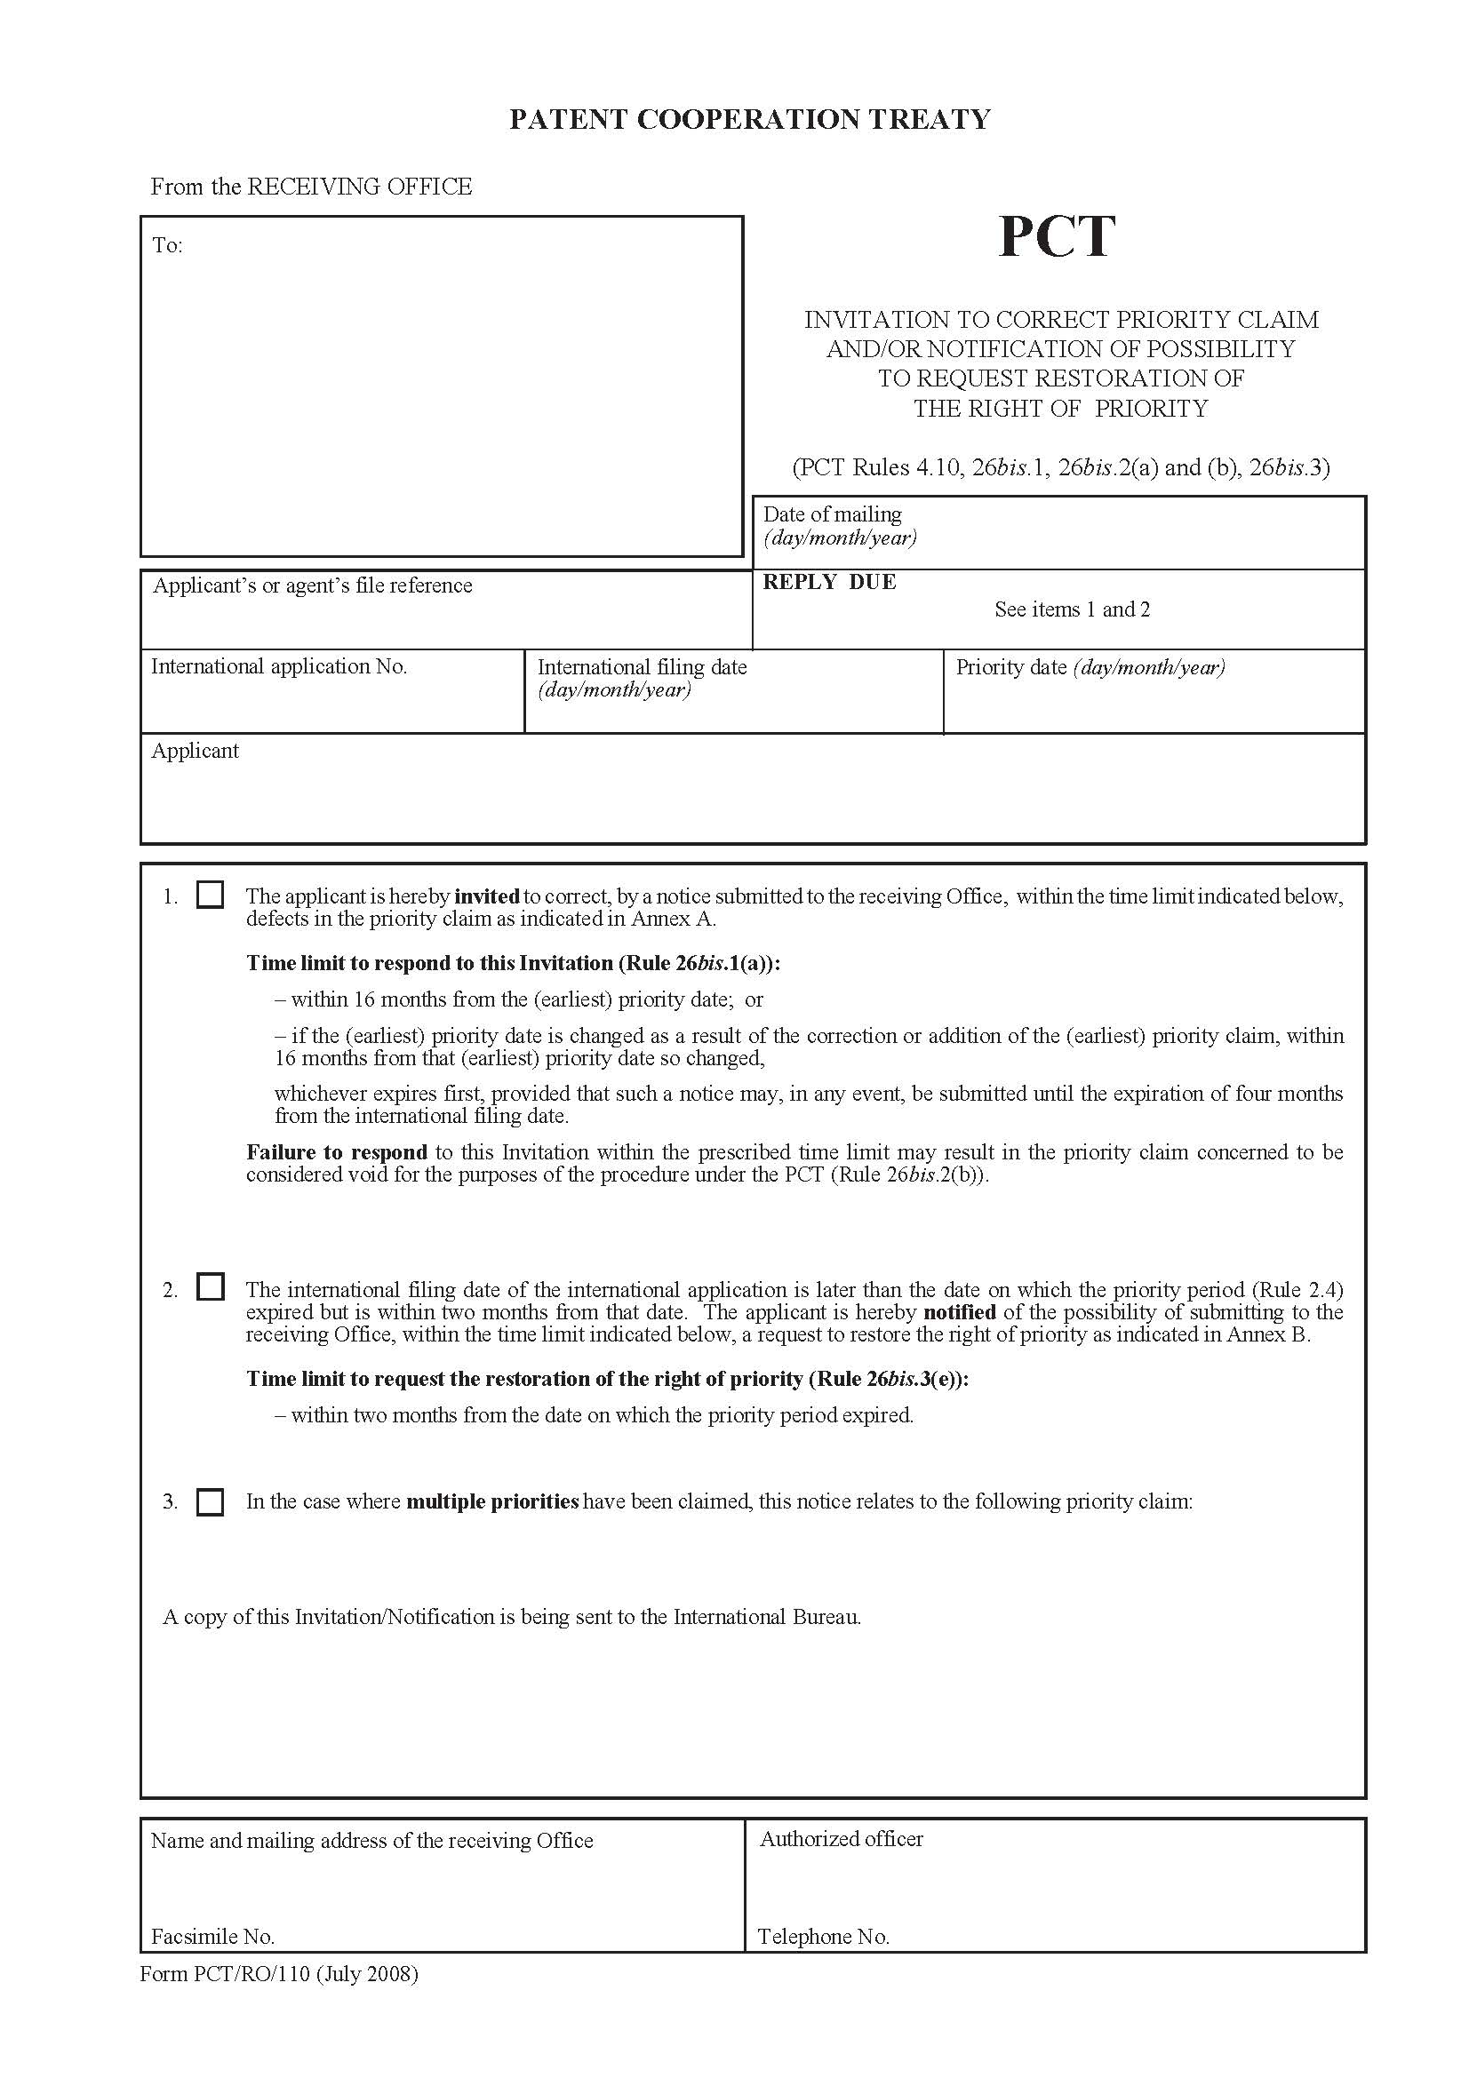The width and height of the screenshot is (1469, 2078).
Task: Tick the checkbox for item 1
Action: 210,896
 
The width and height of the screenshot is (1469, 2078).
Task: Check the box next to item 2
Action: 210,1287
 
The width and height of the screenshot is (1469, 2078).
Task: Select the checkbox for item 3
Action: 210,1501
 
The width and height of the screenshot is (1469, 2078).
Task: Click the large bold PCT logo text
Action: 1057,237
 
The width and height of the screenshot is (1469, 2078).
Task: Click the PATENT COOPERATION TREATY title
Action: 749,119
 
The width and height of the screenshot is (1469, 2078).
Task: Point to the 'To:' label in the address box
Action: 167,245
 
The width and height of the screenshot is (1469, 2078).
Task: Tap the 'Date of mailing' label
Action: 832,514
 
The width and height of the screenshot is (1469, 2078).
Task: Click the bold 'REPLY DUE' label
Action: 829,582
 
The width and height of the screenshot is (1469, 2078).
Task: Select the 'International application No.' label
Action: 279,666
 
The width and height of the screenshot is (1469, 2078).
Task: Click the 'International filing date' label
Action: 642,667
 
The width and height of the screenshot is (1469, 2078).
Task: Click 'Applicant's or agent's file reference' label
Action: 312,585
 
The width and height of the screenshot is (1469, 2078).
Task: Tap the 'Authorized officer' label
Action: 841,1838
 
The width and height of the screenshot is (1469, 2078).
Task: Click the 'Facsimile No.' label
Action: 212,1936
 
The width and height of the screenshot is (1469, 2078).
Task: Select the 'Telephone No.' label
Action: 823,1936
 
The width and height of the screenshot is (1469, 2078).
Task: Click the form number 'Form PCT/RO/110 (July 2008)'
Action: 279,1973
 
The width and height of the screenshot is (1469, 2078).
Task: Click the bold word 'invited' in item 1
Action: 487,896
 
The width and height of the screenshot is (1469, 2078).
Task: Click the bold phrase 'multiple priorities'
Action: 492,1501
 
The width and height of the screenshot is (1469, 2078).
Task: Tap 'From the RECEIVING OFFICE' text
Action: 310,187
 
